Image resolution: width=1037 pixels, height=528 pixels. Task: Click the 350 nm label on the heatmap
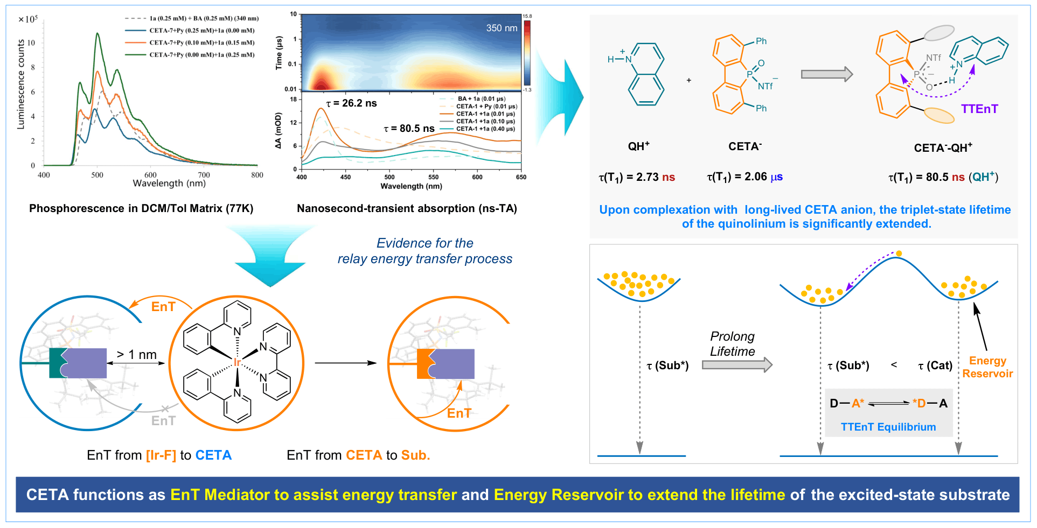[502, 28]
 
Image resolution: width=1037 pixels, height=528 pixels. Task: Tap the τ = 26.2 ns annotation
[352, 103]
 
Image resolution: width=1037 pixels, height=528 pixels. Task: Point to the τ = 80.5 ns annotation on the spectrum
[409, 129]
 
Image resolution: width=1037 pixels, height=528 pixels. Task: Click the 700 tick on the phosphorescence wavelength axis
[204, 175]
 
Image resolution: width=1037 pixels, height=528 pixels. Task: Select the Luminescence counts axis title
[21, 84]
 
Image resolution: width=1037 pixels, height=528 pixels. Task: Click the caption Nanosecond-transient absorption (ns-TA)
[407, 208]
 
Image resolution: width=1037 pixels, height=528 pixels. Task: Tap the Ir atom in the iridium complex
[237, 362]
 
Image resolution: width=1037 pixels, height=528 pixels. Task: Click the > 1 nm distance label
[137, 355]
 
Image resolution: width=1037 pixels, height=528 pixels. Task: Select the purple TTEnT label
[979, 109]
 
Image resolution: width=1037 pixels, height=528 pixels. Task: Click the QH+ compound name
[639, 146]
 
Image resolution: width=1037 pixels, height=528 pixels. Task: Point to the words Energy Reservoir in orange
[987, 367]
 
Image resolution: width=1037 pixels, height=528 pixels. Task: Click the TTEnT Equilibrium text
[888, 427]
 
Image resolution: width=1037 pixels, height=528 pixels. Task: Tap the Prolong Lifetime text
[732, 344]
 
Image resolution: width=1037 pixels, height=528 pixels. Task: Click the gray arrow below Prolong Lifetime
[737, 365]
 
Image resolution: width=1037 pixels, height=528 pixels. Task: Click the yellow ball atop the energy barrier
[899, 254]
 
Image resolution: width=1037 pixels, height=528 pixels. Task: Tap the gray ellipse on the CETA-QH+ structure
[939, 33]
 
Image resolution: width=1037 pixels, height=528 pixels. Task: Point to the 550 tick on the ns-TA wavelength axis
[433, 177]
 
